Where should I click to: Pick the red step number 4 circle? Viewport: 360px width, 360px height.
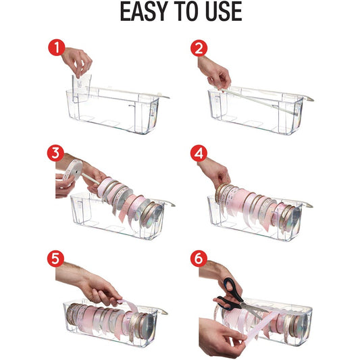click(x=199, y=153)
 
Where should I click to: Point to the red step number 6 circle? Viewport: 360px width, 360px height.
click(x=199, y=258)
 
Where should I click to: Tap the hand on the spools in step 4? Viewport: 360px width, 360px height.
click(x=215, y=172)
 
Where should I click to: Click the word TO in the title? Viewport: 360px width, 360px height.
click(x=186, y=12)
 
